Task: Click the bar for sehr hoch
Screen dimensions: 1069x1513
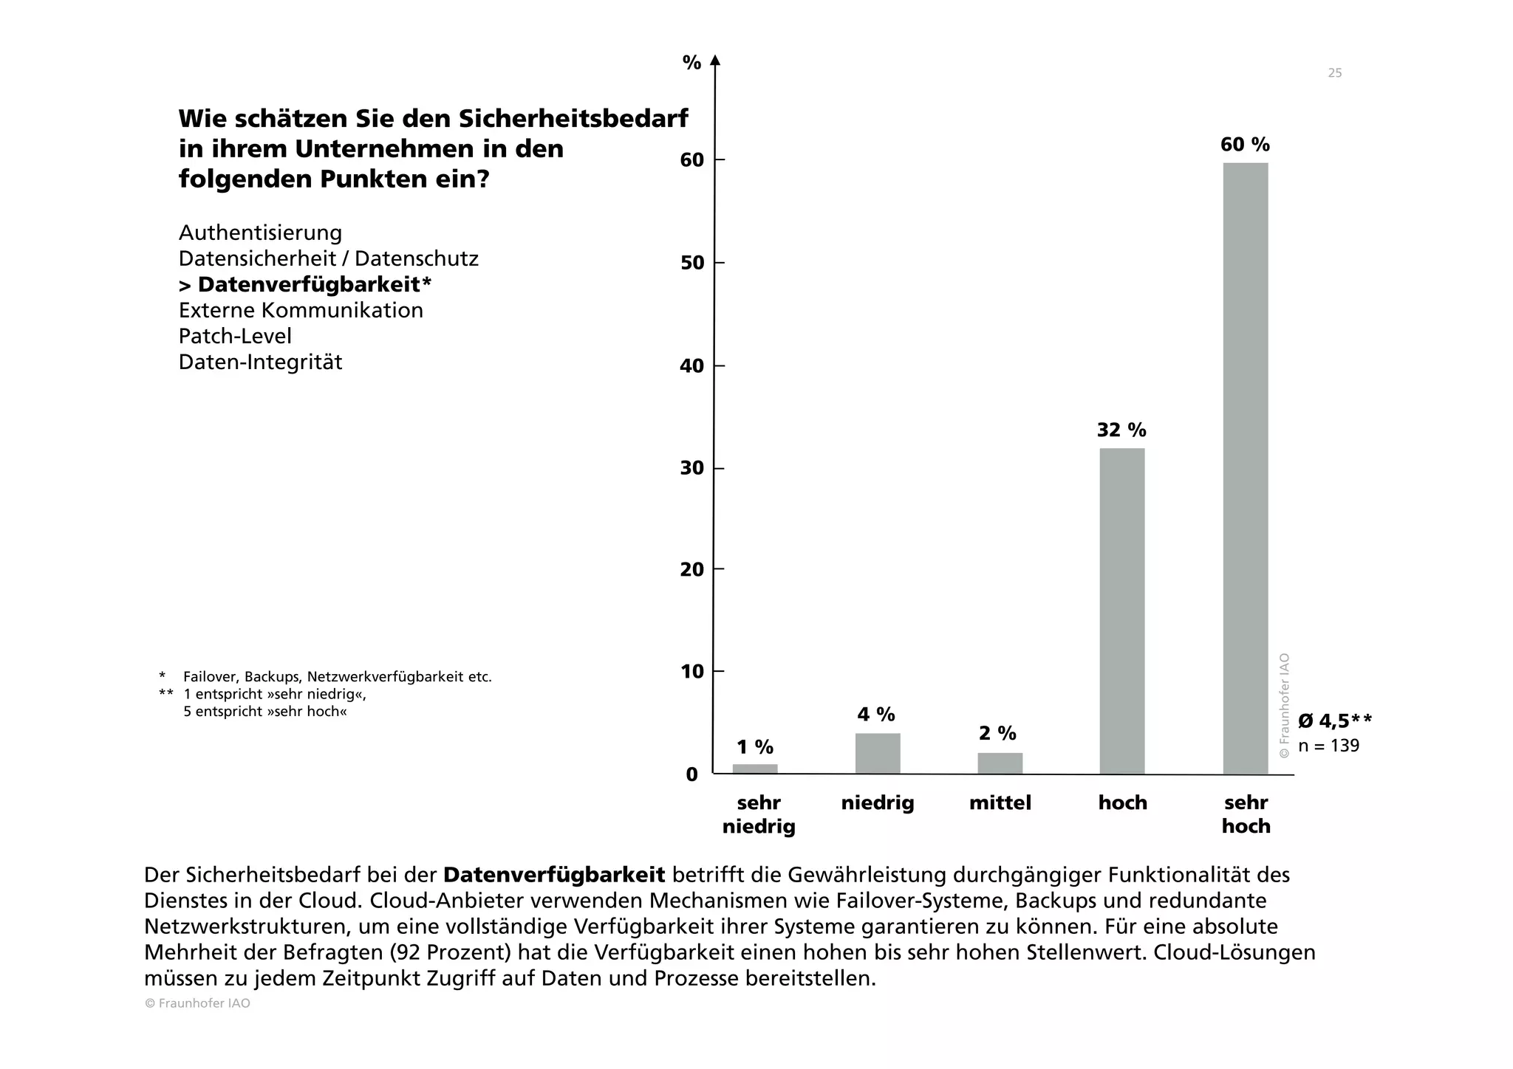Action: (x=1245, y=468)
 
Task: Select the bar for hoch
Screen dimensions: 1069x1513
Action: (x=1121, y=611)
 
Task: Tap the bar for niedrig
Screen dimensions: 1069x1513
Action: (x=878, y=753)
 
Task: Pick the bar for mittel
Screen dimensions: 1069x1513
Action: (x=1000, y=763)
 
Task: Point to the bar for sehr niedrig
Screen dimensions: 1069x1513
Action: (x=755, y=769)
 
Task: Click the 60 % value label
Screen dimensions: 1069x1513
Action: (x=1245, y=145)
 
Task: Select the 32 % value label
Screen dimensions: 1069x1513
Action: (x=1121, y=430)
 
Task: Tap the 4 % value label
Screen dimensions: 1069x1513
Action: (x=876, y=715)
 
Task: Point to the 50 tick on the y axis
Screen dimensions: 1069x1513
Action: (x=692, y=264)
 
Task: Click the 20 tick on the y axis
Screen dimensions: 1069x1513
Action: (x=692, y=570)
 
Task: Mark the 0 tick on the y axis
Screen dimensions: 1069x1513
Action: (x=692, y=774)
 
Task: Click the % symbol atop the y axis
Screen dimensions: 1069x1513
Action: (x=691, y=63)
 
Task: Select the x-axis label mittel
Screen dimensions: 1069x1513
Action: (x=1000, y=803)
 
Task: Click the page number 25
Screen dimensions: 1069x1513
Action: (x=1334, y=73)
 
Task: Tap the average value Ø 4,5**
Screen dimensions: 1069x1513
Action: (x=1334, y=721)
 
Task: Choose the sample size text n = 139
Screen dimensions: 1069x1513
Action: (x=1328, y=746)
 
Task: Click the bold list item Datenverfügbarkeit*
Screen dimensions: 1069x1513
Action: (x=305, y=285)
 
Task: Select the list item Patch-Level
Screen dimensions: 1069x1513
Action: (x=235, y=337)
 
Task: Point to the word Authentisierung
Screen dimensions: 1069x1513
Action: (x=260, y=233)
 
